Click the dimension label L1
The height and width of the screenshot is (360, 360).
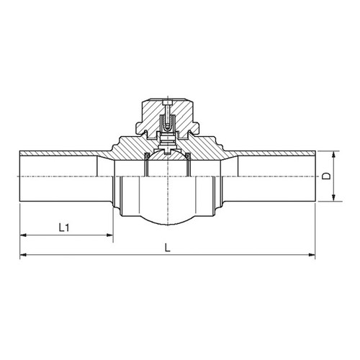(64, 228)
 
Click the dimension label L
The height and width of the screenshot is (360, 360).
(168, 248)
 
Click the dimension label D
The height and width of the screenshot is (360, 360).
(326, 176)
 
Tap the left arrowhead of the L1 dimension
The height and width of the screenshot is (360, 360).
(23, 235)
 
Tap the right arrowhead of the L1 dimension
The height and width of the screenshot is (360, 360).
(110, 235)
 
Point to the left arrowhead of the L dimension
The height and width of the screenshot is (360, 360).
(23, 254)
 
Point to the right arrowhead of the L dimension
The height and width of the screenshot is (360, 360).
(312, 254)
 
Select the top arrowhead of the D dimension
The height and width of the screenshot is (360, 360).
(333, 154)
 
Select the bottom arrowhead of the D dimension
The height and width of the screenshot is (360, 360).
(333, 198)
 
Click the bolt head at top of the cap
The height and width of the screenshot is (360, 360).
(167, 102)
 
